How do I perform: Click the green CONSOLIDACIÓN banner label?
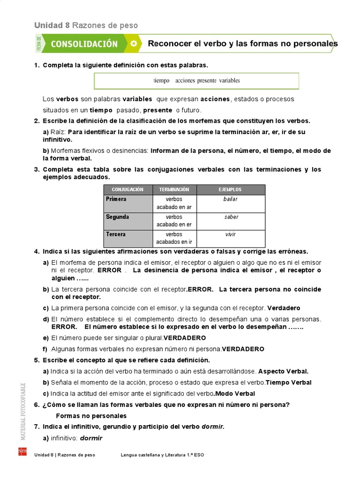pos(84,44)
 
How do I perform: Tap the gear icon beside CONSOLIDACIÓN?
pos(134,44)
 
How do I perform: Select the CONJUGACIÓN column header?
pos(127,189)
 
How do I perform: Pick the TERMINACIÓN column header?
pos(174,189)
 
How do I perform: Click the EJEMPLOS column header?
pos(230,189)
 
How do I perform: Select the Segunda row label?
pos(117,217)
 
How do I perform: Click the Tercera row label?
pos(116,234)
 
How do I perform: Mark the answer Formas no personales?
pos(91,416)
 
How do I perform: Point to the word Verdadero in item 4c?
pos(284,308)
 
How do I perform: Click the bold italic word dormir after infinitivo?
pos(91,438)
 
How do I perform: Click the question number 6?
pos(36,405)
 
